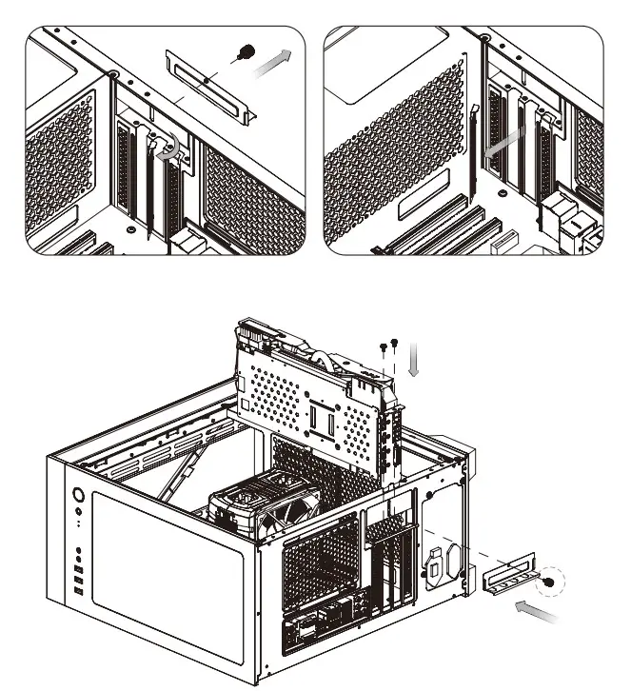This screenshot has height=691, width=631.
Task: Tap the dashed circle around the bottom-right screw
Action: click(549, 583)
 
